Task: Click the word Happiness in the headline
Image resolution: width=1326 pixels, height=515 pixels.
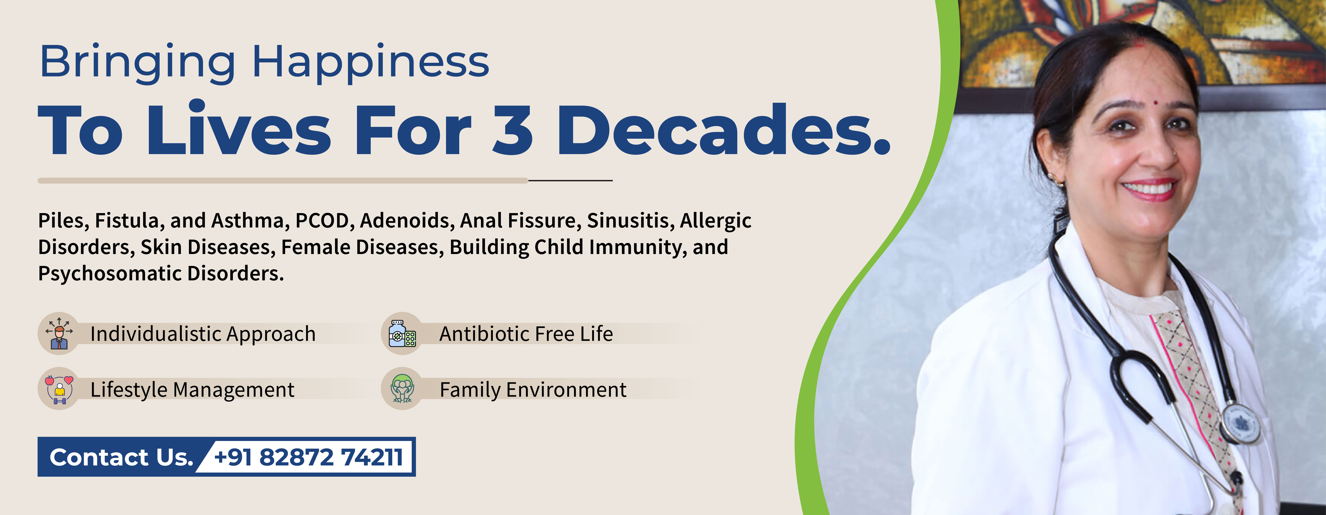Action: [x=371, y=63]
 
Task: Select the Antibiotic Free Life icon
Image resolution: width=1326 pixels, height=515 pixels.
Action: [x=402, y=333]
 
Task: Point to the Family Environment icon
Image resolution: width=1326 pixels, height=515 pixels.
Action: [x=402, y=388]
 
